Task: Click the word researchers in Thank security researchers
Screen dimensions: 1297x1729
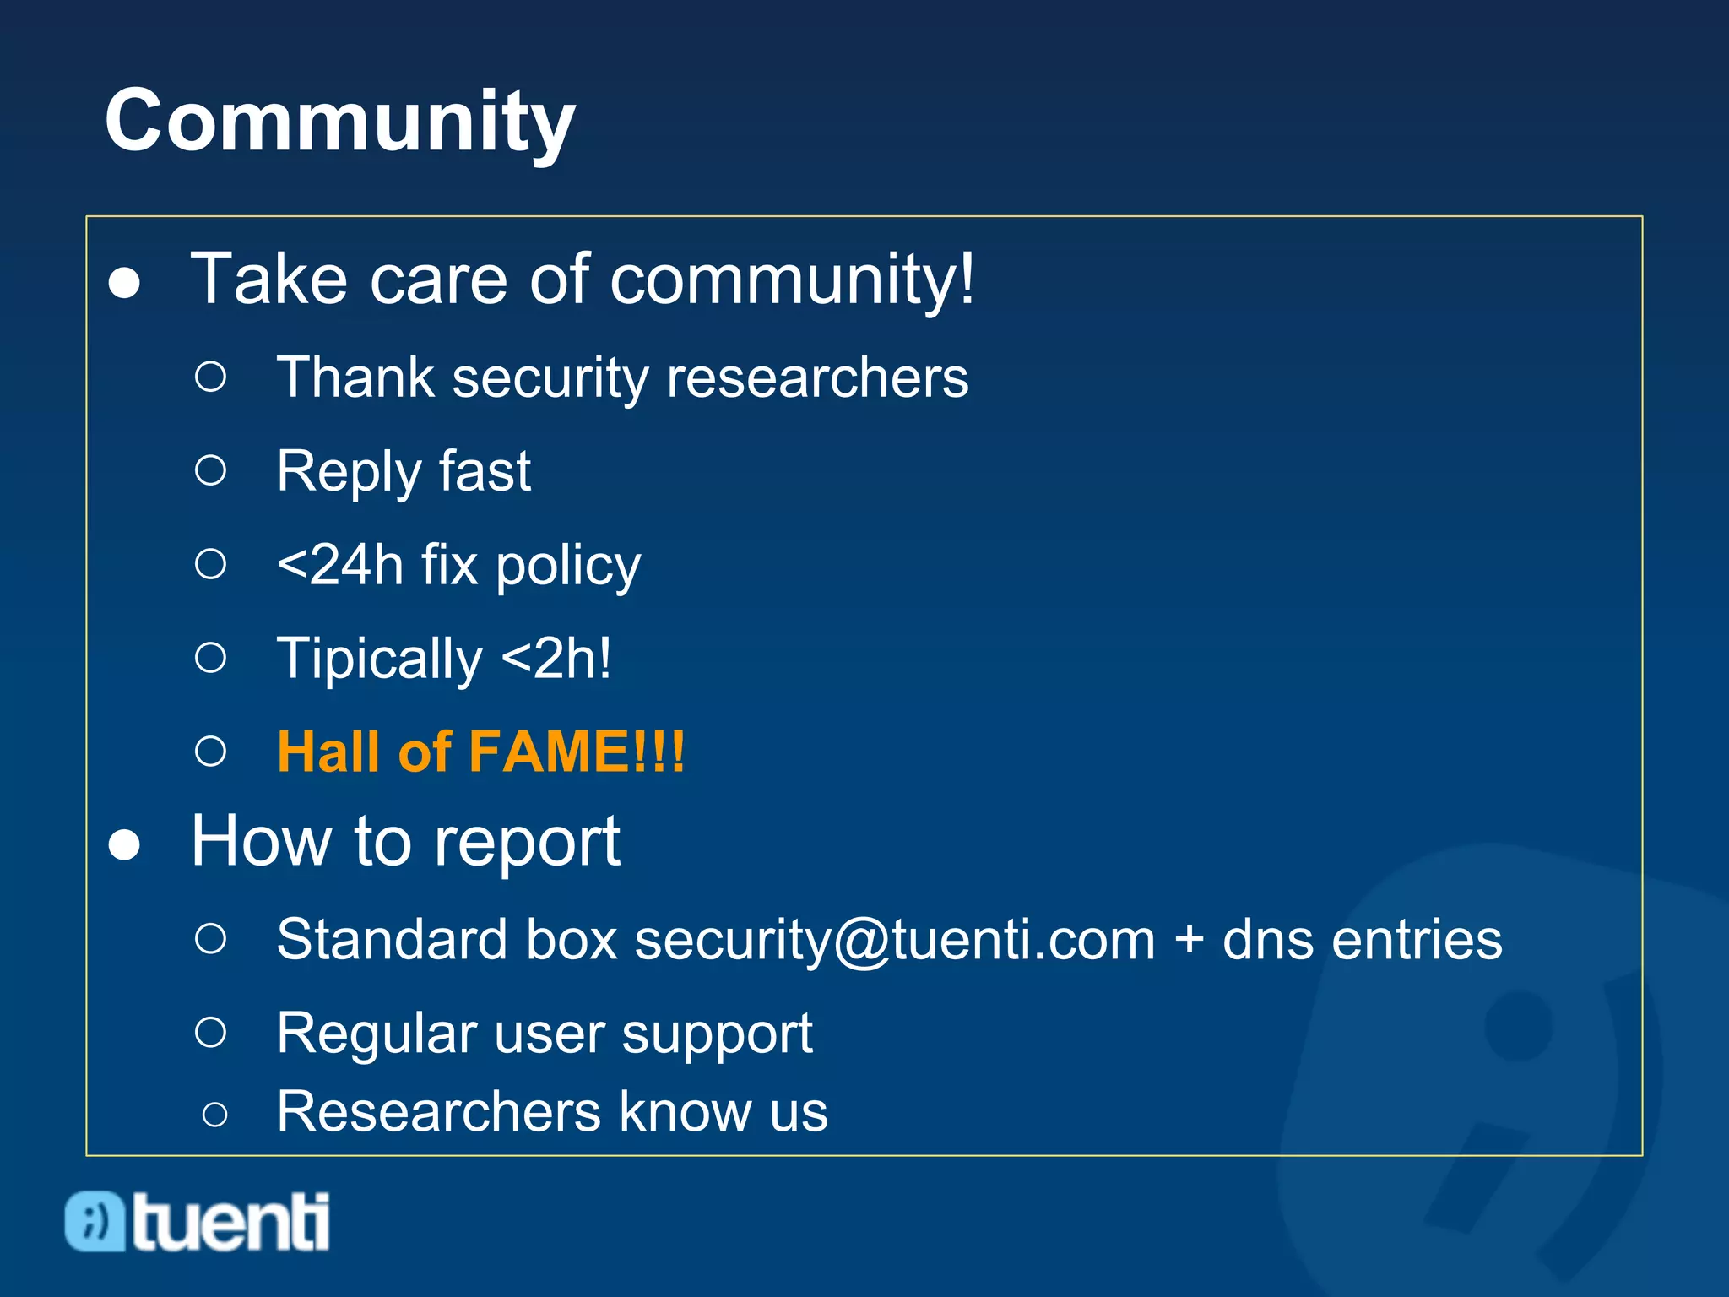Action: coord(817,377)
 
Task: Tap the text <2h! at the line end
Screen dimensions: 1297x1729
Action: coord(556,659)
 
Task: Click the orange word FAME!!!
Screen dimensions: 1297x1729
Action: coord(577,752)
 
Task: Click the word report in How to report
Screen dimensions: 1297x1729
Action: coord(528,843)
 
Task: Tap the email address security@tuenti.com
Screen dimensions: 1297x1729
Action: coord(895,940)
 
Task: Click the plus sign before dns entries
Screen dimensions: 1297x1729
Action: coord(1189,940)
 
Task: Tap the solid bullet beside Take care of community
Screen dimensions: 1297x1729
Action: coord(124,283)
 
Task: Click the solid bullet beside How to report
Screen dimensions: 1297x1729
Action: coord(124,845)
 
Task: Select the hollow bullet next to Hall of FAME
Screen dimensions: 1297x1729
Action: coord(210,751)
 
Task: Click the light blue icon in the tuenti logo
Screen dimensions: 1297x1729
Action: coord(95,1222)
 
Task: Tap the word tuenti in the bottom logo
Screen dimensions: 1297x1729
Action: coord(230,1222)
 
